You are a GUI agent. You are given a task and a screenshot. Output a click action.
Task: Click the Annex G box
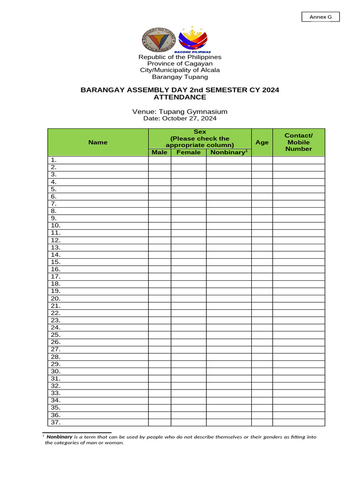coord(320,17)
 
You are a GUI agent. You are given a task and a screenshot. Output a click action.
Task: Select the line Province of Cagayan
coord(180,63)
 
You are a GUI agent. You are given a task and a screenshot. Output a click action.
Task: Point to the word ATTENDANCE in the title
coord(180,97)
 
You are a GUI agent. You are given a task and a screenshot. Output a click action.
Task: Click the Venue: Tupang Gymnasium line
coord(180,112)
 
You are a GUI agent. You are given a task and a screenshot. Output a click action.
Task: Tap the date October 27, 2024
coord(180,119)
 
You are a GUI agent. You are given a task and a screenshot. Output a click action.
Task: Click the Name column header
coord(98,142)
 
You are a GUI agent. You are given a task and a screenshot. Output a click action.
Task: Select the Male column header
coord(159,152)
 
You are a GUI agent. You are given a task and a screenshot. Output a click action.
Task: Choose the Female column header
coord(188,152)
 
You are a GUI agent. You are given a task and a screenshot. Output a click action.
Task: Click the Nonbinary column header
coord(228,152)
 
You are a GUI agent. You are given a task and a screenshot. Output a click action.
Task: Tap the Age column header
coord(262,142)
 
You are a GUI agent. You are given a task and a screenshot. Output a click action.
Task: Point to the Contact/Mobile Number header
coord(299,142)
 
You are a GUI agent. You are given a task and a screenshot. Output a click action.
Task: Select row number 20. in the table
coord(55,298)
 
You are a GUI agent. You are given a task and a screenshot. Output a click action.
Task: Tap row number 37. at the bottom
coord(55,422)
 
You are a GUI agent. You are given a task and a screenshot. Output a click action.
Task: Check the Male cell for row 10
coord(159,225)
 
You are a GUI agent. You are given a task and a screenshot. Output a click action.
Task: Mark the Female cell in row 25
coord(188,335)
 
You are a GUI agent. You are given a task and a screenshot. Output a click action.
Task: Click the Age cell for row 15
coord(262,262)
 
